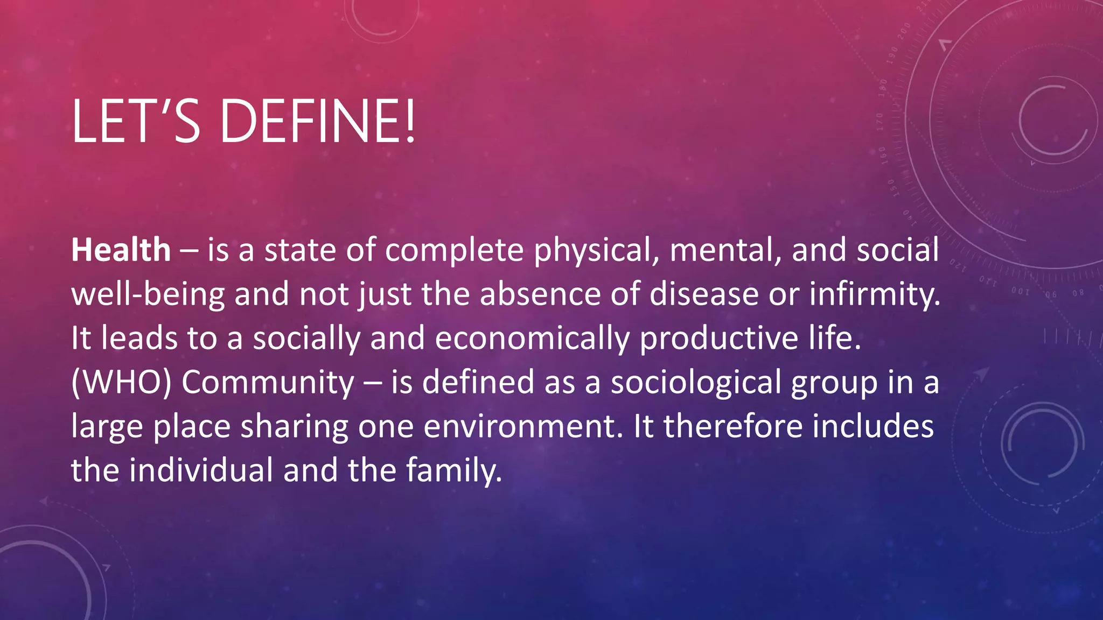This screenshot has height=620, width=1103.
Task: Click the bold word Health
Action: [121, 250]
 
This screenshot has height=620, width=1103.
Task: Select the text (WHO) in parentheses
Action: [121, 383]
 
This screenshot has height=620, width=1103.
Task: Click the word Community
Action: [268, 383]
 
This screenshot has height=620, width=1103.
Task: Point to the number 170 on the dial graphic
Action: [879, 122]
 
